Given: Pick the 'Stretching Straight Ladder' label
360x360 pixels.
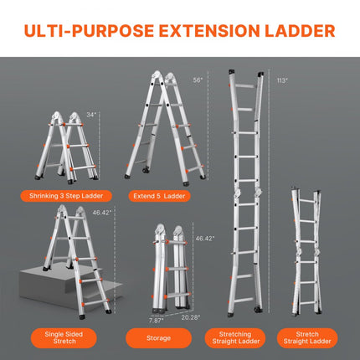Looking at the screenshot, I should (x=237, y=337).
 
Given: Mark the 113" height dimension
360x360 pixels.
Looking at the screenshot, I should (x=282, y=80).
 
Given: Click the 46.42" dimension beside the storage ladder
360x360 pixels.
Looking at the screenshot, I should (x=203, y=239).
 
